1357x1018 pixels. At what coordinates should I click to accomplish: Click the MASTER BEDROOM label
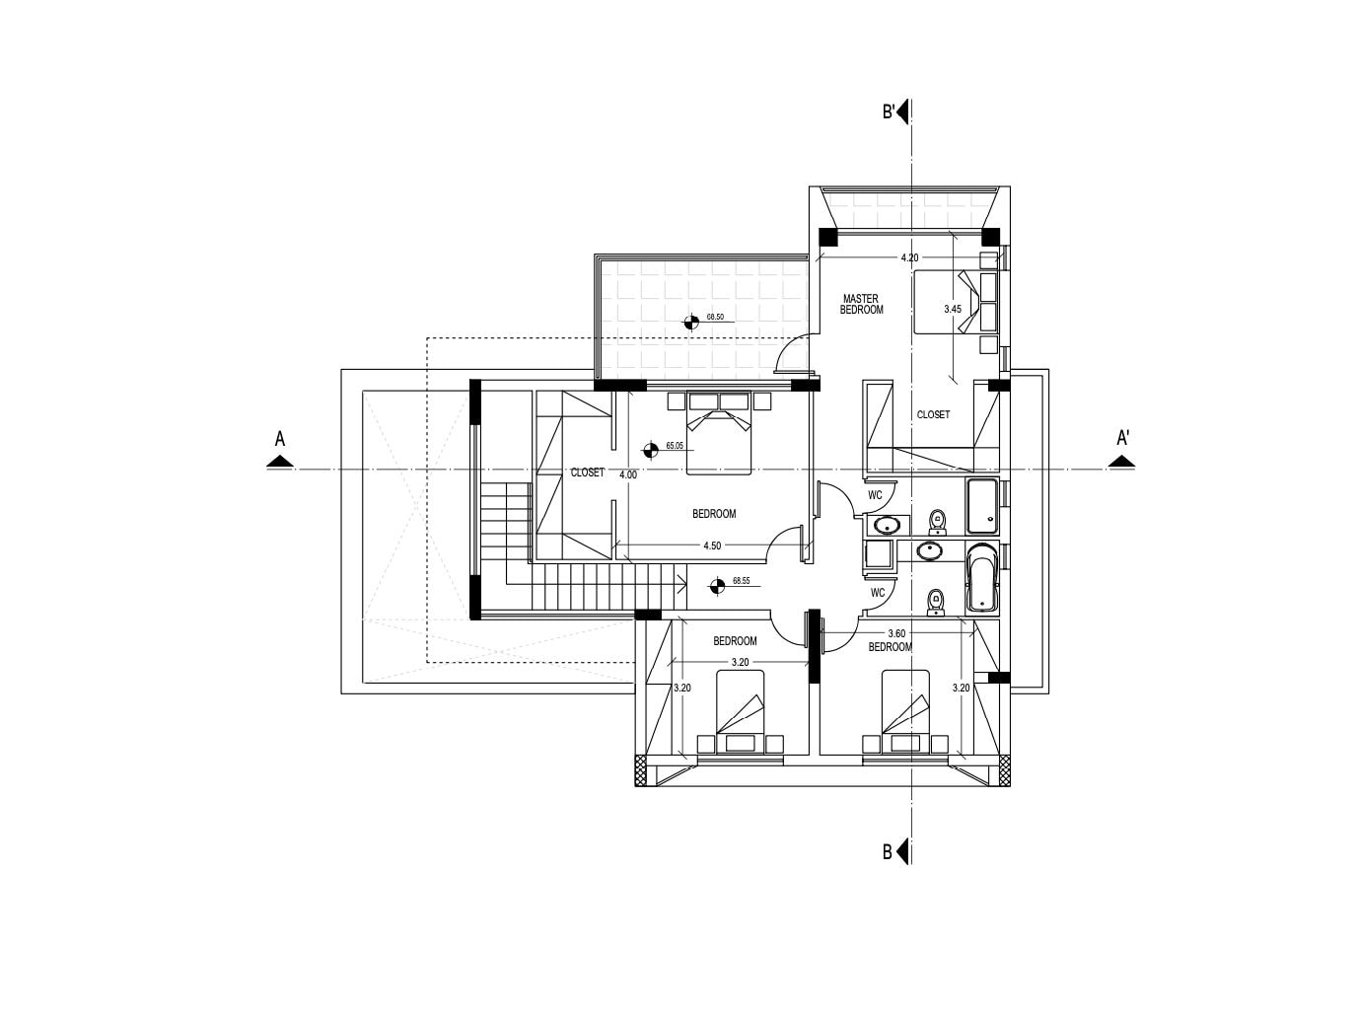click(x=861, y=304)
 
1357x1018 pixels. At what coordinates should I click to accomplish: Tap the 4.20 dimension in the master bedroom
click(x=909, y=257)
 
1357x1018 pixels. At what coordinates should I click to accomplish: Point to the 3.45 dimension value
click(x=953, y=309)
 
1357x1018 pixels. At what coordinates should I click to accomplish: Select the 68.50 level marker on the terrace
click(x=691, y=322)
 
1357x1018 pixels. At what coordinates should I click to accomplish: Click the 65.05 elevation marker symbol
click(x=650, y=450)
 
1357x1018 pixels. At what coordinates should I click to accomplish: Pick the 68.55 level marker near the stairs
click(x=717, y=585)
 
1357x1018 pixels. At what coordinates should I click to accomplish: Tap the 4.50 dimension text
click(x=712, y=545)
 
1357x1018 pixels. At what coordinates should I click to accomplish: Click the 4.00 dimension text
click(x=628, y=475)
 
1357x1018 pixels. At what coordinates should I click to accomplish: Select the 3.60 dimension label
click(x=896, y=633)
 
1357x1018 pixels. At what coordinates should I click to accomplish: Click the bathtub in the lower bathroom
click(x=981, y=578)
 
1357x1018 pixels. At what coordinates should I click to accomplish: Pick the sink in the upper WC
click(x=888, y=526)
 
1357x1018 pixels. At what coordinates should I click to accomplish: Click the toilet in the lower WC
click(x=936, y=603)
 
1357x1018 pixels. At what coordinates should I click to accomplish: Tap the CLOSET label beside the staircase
click(x=588, y=473)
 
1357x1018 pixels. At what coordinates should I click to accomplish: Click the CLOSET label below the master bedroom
click(x=933, y=414)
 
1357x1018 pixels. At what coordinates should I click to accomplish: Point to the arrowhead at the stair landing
click(x=682, y=582)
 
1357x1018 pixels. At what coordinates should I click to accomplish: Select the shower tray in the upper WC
click(x=981, y=506)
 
